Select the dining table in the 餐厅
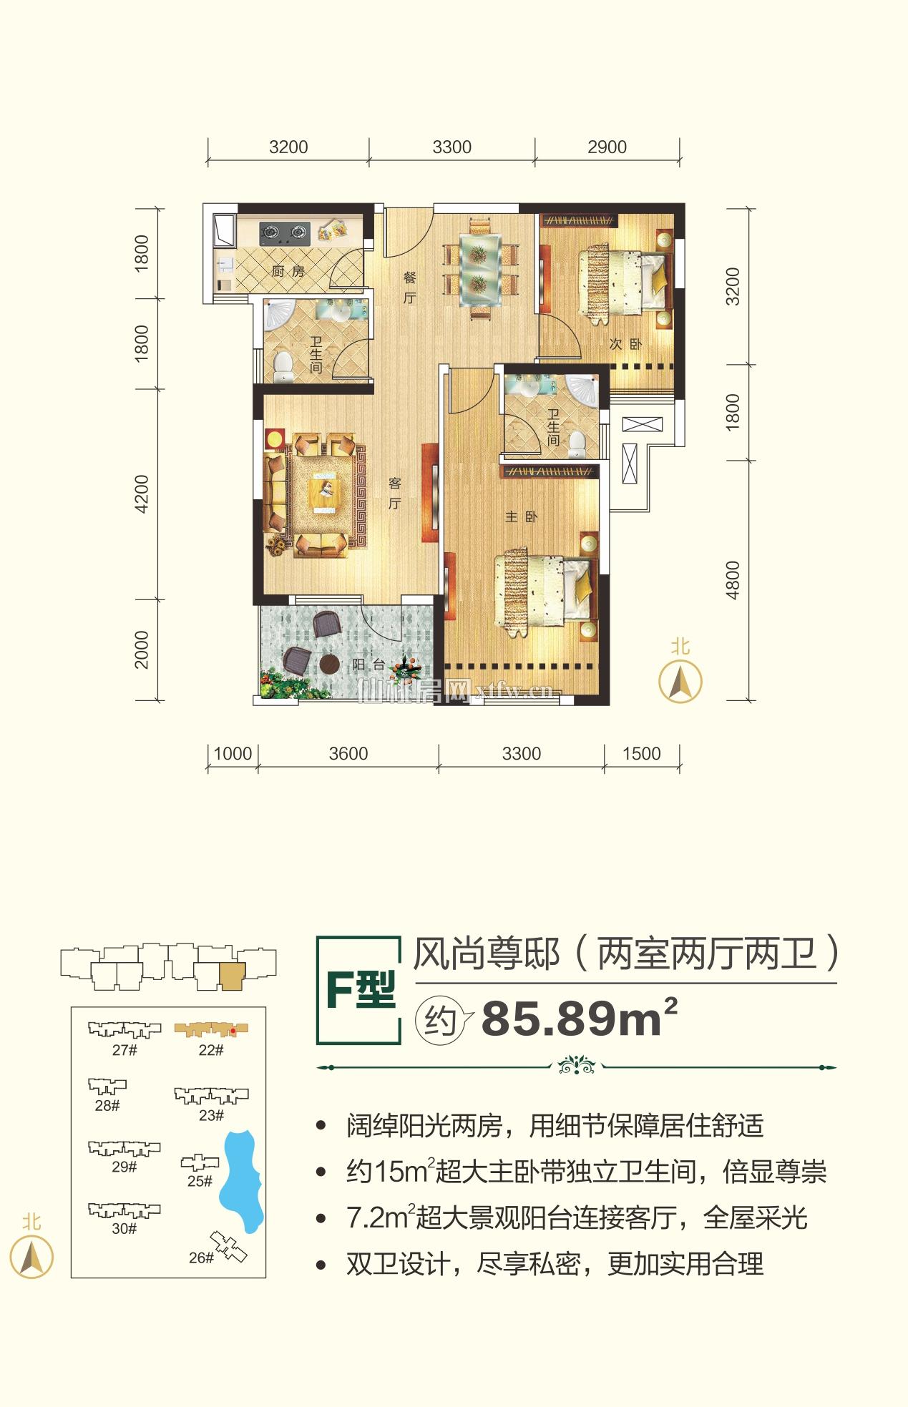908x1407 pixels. [479, 267]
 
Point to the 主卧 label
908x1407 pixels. [520, 516]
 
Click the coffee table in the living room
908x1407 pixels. [324, 494]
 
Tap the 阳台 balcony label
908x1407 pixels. [369, 665]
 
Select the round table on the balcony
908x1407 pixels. [330, 664]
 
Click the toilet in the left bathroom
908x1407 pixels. [284, 367]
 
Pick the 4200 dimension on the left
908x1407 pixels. [142, 494]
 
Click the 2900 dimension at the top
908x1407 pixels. [607, 147]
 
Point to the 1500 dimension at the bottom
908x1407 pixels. [641, 753]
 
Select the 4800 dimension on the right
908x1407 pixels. [732, 580]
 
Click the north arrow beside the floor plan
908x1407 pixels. [680, 680]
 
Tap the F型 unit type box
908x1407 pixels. [360, 990]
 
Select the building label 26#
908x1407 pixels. [201, 1258]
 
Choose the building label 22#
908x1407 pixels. [210, 1050]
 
